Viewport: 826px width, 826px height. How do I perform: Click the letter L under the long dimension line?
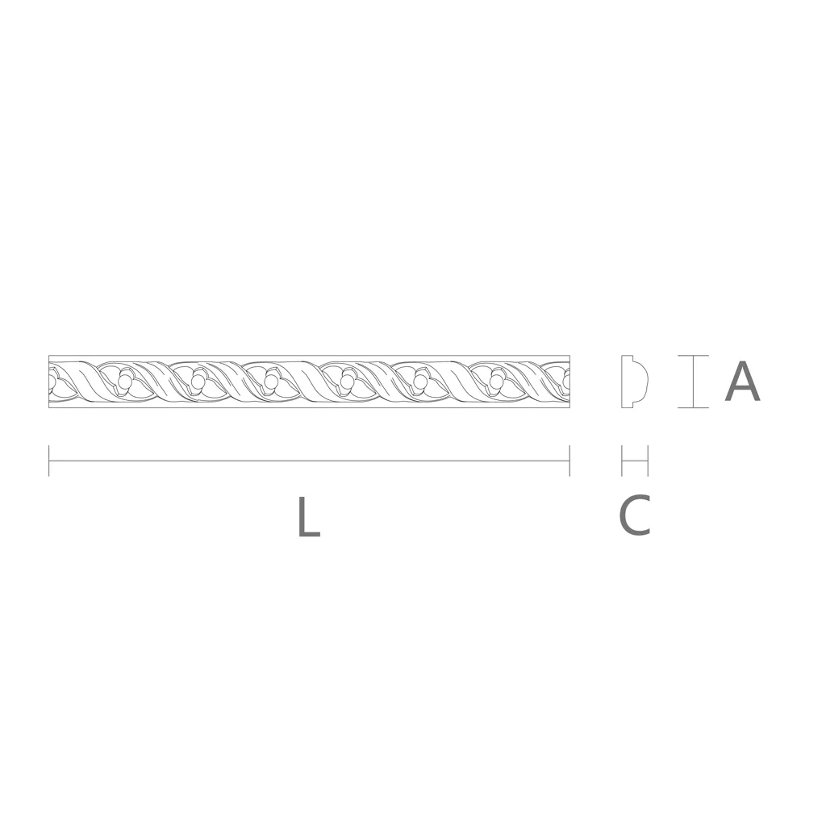point(309,517)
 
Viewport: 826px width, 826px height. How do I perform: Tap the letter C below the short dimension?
point(634,515)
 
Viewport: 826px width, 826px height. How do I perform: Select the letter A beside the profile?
point(742,381)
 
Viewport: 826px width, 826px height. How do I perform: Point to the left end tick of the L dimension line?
point(49,461)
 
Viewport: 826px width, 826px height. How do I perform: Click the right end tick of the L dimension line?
point(569,461)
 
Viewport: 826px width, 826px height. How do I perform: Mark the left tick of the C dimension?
point(622,461)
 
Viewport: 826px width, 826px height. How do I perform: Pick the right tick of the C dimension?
point(648,461)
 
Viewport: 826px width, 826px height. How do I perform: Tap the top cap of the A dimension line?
point(693,356)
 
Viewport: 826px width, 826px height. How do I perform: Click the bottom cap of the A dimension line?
point(693,407)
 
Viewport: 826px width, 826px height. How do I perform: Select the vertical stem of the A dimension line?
point(693,382)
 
